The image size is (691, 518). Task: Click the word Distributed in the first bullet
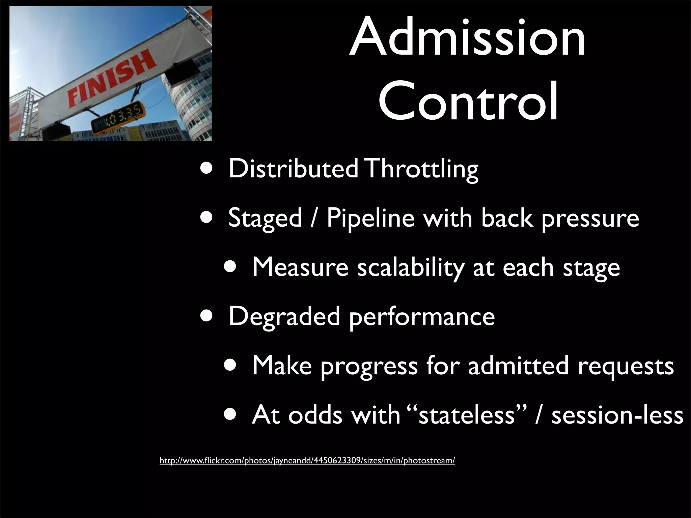coord(293,169)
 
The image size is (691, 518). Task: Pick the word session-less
coord(617,415)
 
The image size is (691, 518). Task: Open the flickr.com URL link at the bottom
coord(307,461)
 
